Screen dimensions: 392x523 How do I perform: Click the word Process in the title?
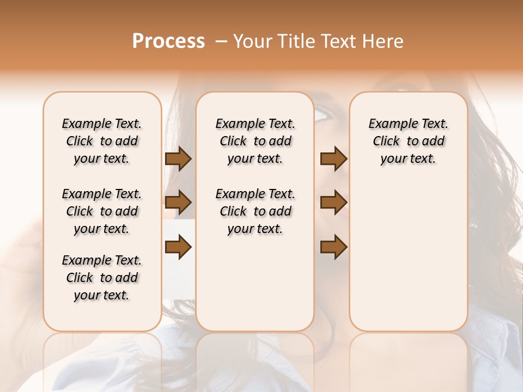pyautogui.click(x=168, y=41)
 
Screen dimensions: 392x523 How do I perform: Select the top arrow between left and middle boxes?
pyautogui.click(x=178, y=159)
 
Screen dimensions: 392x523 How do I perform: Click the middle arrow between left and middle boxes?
pyautogui.click(x=178, y=203)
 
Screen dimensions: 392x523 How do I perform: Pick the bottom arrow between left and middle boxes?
pyautogui.click(x=178, y=247)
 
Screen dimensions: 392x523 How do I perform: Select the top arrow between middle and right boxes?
pyautogui.click(x=333, y=159)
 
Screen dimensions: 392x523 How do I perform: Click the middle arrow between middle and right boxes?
pyautogui.click(x=333, y=203)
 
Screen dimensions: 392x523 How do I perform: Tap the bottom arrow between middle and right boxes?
pyautogui.click(x=333, y=247)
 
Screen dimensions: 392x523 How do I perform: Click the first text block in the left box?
pyautogui.click(x=102, y=141)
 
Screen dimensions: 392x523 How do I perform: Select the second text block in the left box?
pyautogui.click(x=102, y=211)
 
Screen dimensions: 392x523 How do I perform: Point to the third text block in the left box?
pyautogui.click(x=102, y=278)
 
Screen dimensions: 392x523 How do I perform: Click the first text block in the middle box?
pyautogui.click(x=255, y=141)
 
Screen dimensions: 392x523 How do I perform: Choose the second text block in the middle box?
pyautogui.click(x=255, y=211)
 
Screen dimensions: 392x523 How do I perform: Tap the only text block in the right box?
pyautogui.click(x=408, y=141)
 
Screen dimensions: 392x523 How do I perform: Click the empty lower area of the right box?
pyautogui.click(x=408, y=261)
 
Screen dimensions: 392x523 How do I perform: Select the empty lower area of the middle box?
pyautogui.click(x=255, y=283)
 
